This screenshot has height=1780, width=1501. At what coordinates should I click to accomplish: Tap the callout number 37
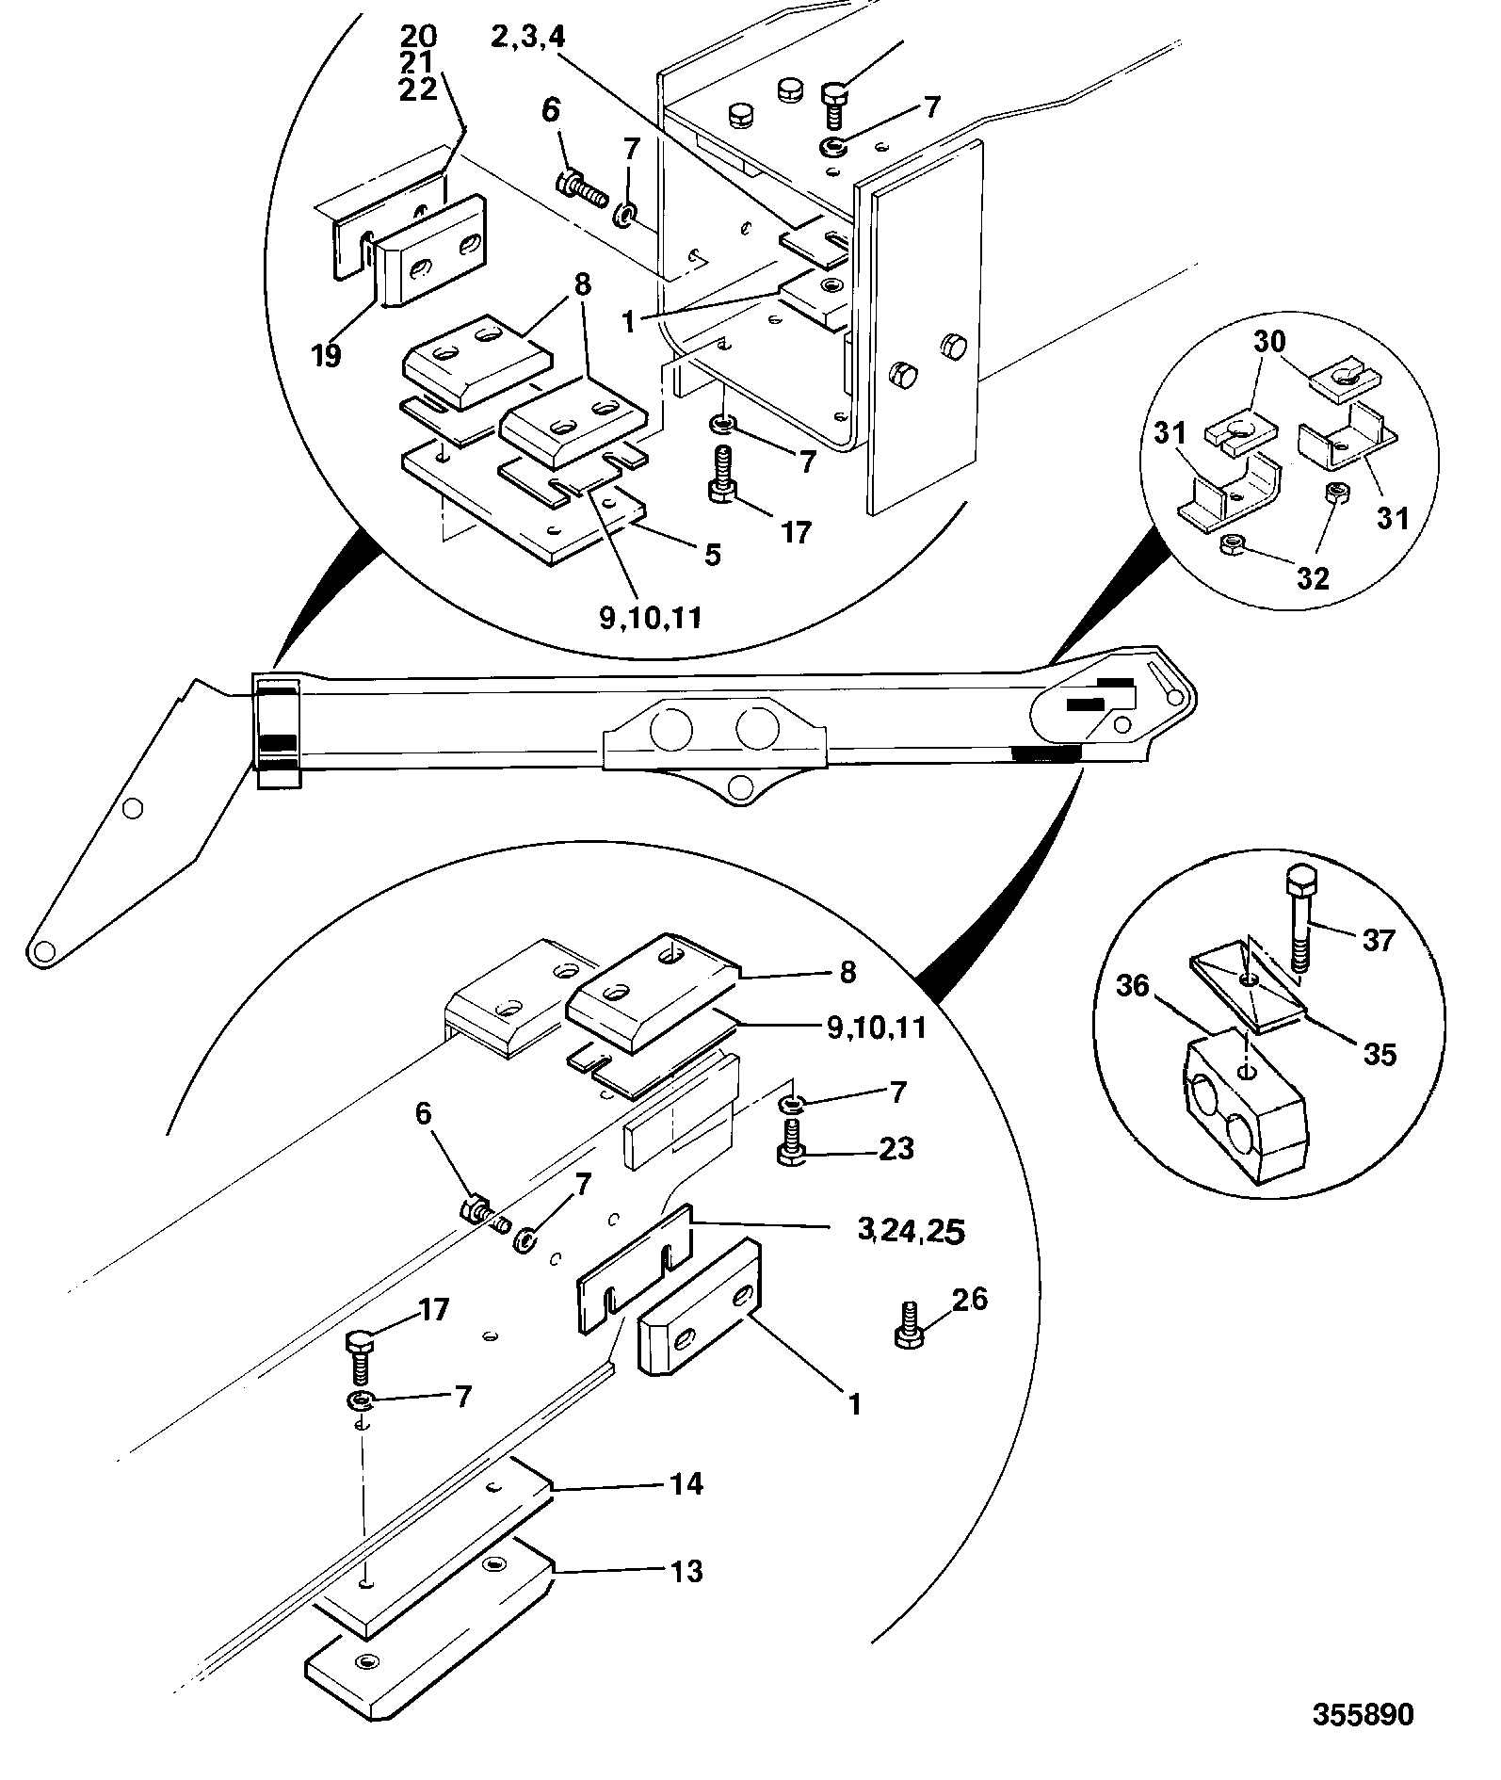pyautogui.click(x=1378, y=939)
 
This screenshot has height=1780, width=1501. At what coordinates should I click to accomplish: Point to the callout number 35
pyautogui.click(x=1380, y=1054)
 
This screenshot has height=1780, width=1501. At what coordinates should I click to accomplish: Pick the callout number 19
pyautogui.click(x=326, y=356)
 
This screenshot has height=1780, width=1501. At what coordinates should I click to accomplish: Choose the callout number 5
pyautogui.click(x=713, y=555)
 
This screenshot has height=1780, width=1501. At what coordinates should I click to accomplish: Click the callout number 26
pyautogui.click(x=970, y=1300)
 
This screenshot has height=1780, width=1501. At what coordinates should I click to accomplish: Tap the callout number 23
pyautogui.click(x=895, y=1148)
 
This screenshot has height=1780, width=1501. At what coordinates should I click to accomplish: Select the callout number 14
pyautogui.click(x=686, y=1483)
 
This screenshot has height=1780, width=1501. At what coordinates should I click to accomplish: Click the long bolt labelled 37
pyautogui.click(x=1299, y=919)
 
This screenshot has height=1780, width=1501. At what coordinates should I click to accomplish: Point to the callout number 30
pyautogui.click(x=1269, y=341)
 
